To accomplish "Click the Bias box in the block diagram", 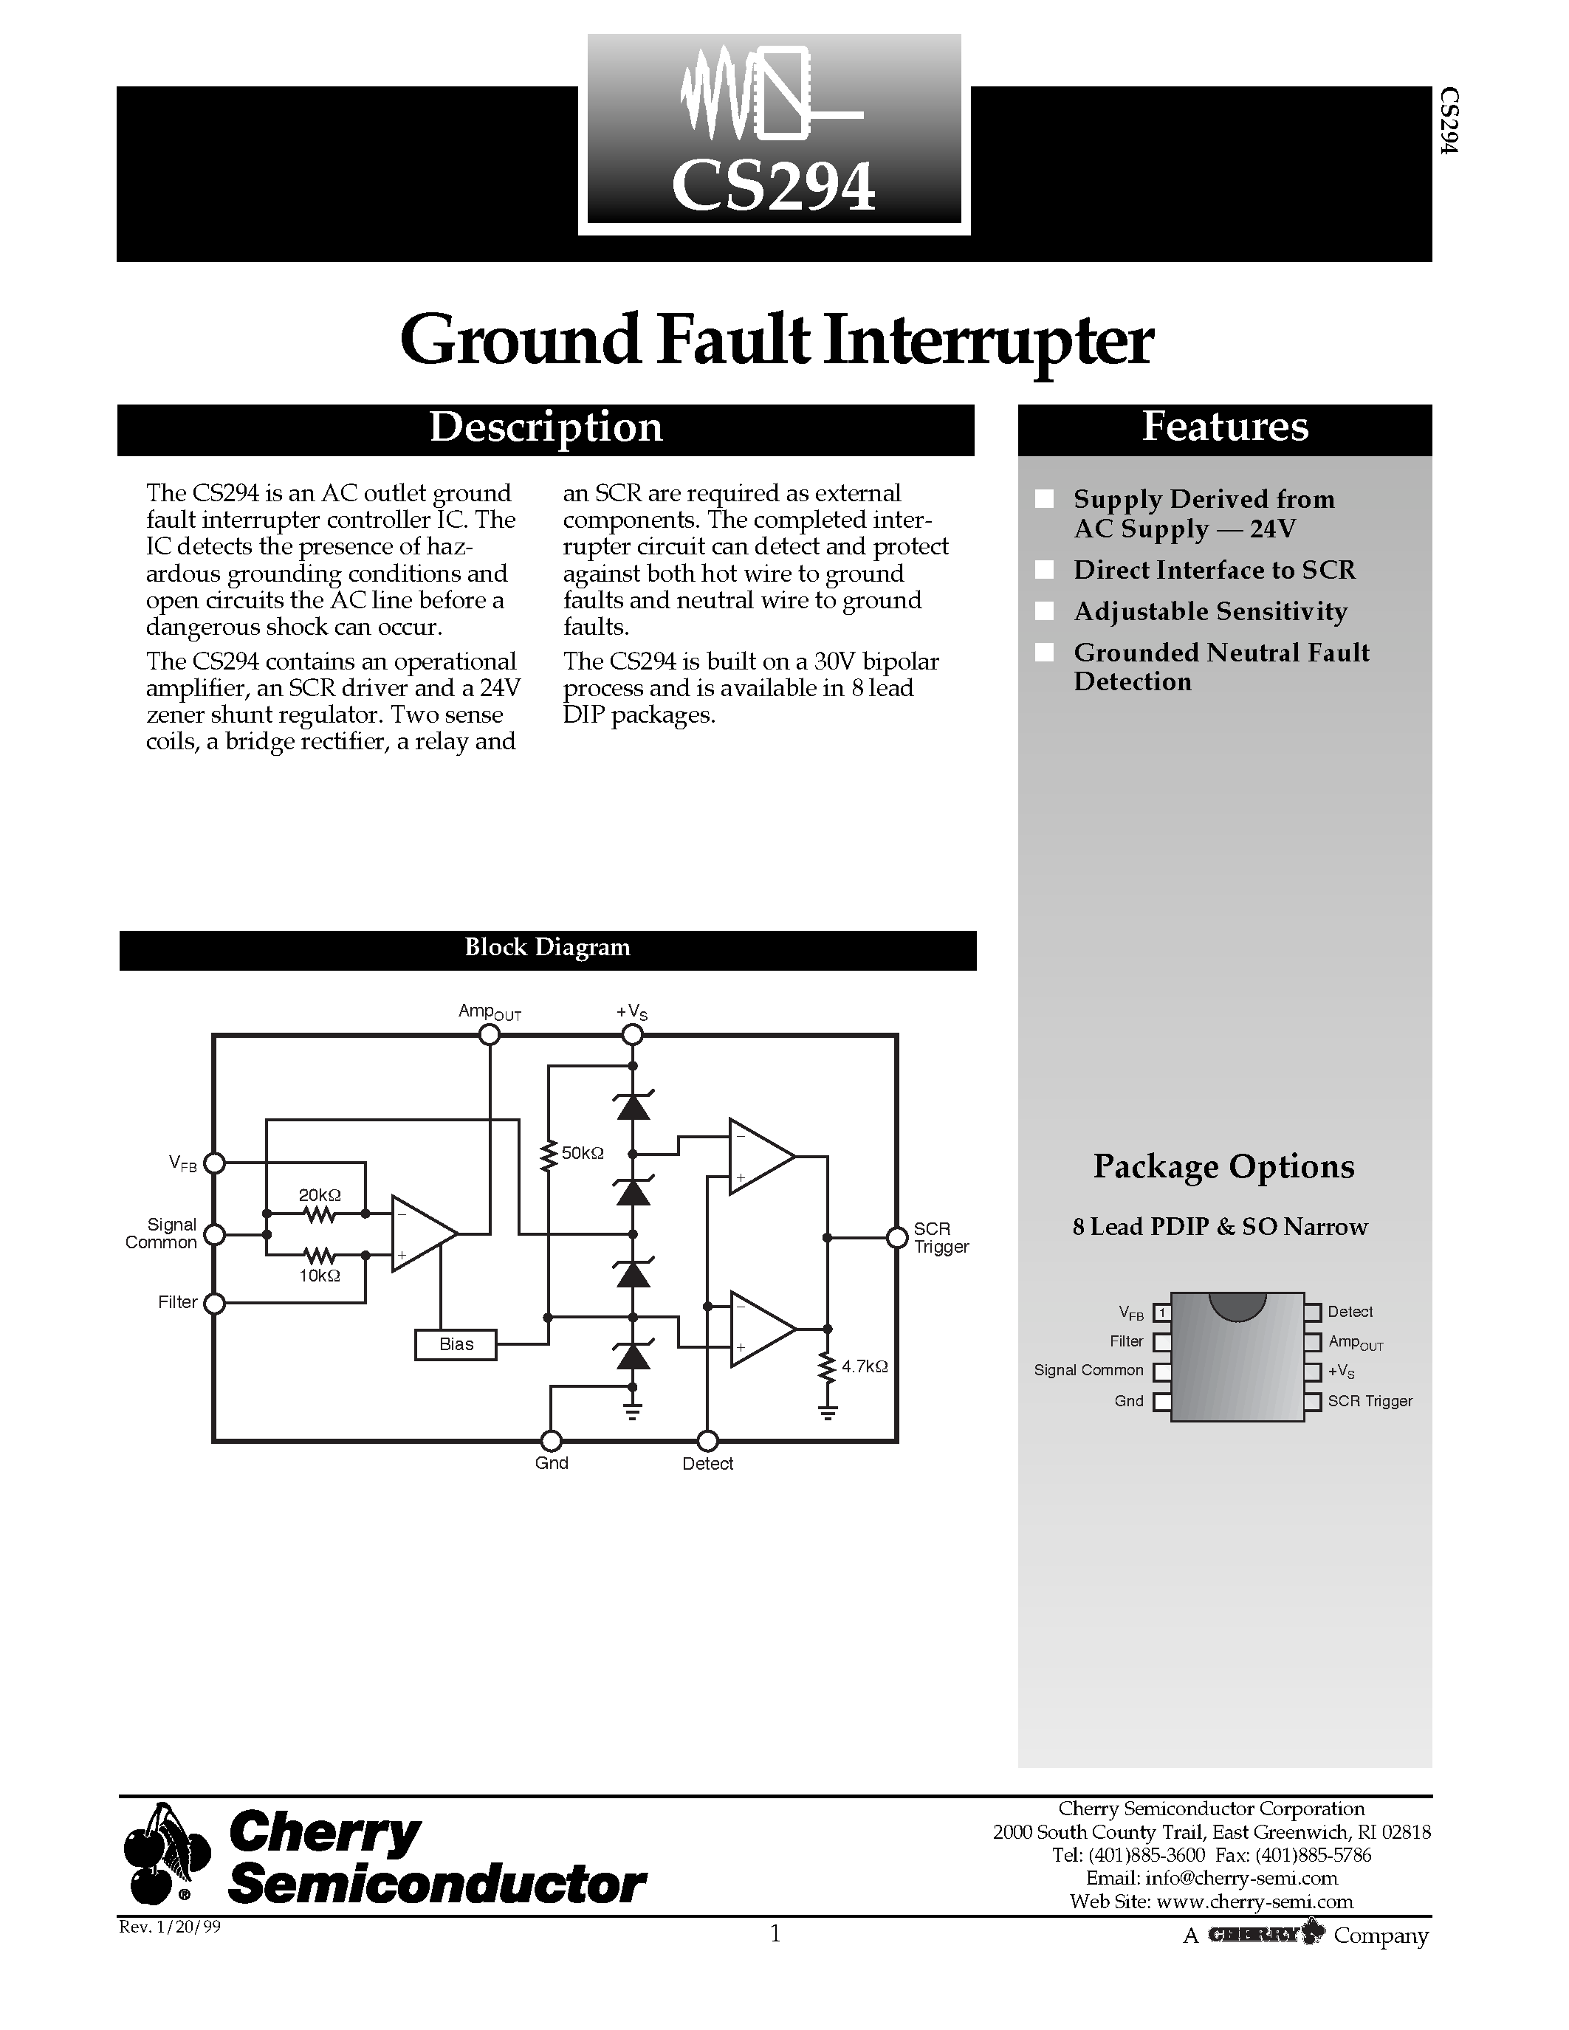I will (x=456, y=1345).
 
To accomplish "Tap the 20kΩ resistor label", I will (x=319, y=1194).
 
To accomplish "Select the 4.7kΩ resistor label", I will (x=865, y=1366).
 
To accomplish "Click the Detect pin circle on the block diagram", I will (x=707, y=1441).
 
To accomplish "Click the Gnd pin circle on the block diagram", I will (x=552, y=1441).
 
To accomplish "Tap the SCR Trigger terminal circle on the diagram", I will (x=897, y=1237).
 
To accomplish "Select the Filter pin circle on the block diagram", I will (x=214, y=1303).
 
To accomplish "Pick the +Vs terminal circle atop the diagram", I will (x=632, y=1034).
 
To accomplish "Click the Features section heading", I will (x=1224, y=427).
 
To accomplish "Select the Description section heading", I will (x=546, y=427).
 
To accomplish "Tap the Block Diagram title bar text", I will (x=547, y=947).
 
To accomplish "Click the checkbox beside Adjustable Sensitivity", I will (x=1045, y=610).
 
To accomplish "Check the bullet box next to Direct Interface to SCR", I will (x=1045, y=570).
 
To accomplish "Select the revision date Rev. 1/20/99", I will (x=170, y=1927).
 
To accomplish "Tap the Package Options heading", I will (x=1223, y=1166).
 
